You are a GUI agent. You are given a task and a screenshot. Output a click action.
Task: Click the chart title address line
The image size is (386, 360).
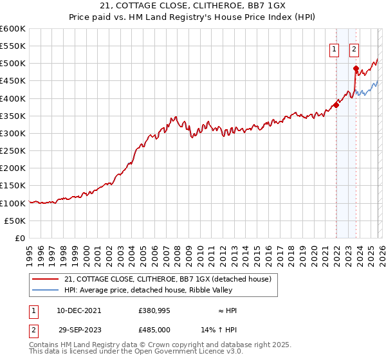click(x=192, y=6)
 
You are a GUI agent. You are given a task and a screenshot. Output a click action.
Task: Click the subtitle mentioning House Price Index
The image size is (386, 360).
click(x=192, y=17)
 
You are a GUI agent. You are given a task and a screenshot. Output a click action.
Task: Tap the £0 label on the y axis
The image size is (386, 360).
click(x=21, y=238)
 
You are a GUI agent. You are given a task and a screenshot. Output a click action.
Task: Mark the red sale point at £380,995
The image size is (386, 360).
click(x=336, y=105)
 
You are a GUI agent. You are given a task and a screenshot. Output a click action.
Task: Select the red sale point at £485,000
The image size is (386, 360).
click(x=356, y=69)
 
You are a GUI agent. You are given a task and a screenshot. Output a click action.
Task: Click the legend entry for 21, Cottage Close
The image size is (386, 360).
click(x=169, y=279)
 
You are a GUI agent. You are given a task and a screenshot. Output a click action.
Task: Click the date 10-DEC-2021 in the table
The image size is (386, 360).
click(x=78, y=310)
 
